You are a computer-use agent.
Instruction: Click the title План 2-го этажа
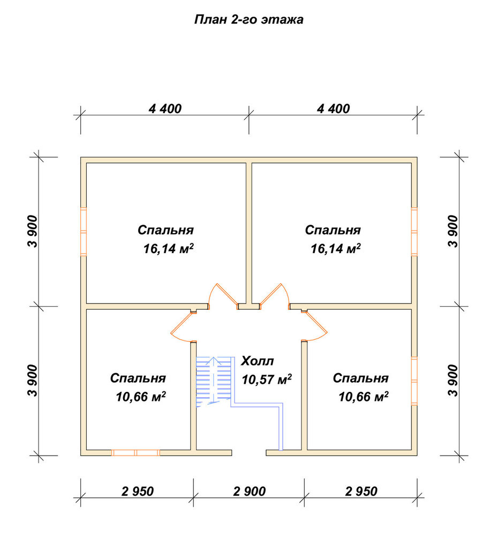coord(248,19)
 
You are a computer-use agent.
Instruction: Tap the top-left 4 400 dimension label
coord(165,109)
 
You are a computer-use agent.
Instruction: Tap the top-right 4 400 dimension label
coord(333,109)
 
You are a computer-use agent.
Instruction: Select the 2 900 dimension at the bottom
coord(250,491)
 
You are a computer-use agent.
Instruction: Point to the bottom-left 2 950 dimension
coord(138,491)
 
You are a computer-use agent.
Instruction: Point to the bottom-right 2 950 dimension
coord(361,491)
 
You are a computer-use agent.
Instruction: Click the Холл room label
coord(258,361)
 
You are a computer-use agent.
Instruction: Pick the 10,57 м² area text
coord(267,379)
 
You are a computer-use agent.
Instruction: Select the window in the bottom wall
coord(136,452)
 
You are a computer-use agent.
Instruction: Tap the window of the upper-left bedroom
coord(84,232)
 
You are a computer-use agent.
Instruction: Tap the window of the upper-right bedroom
coord(415,232)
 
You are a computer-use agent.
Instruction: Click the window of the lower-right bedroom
coord(415,381)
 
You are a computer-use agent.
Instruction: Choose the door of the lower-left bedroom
coord(181,325)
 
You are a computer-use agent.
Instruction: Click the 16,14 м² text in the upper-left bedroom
coord(168,249)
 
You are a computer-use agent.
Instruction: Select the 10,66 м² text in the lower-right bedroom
coord(364,397)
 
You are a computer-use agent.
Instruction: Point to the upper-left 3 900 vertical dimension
coord(33,232)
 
